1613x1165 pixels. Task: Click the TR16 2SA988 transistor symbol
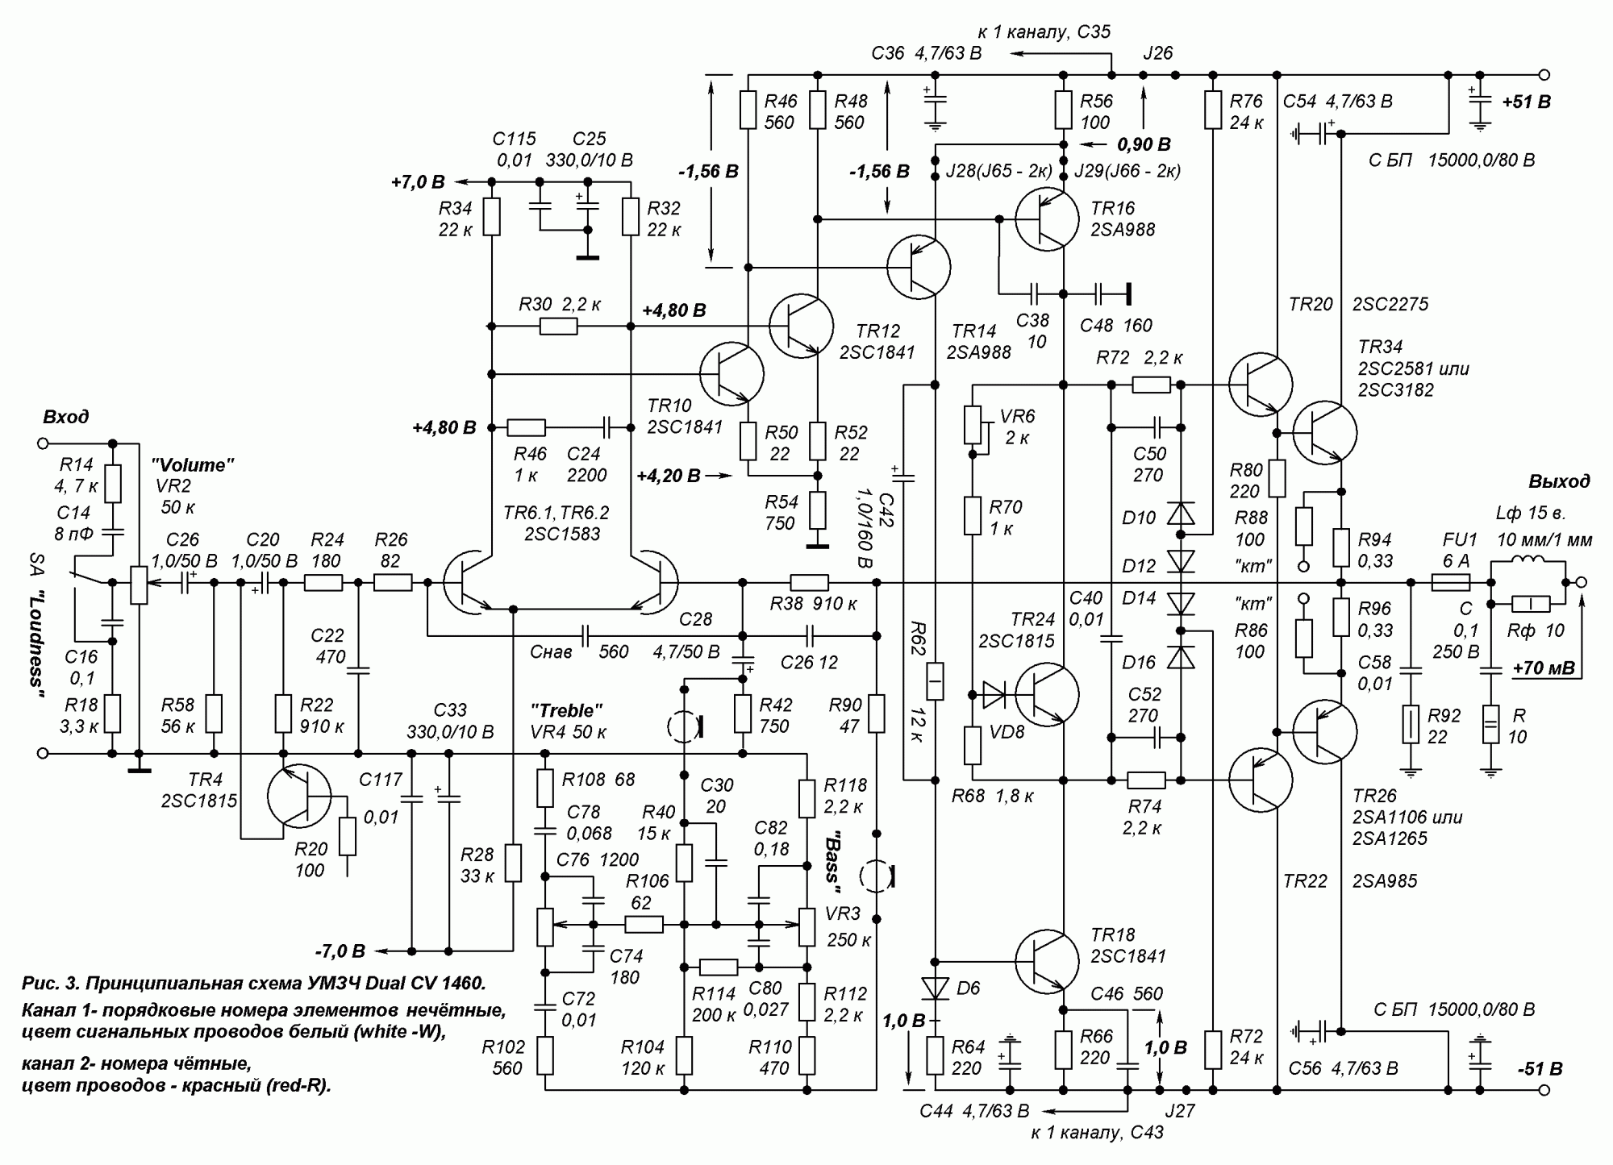pos(1046,218)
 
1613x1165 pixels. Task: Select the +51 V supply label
pos(1526,102)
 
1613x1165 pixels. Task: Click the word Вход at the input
pos(66,417)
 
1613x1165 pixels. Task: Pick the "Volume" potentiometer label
pos(193,464)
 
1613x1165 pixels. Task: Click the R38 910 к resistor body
pos(808,582)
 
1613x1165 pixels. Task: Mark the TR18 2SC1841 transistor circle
pos(1046,961)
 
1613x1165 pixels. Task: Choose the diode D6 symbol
pos(935,988)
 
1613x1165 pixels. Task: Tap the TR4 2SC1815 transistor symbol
pos(298,796)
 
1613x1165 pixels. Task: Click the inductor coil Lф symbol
pos(1519,562)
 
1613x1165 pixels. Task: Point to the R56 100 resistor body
pos(1063,110)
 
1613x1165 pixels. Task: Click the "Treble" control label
pos(566,710)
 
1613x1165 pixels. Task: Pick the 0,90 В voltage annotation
pos(1143,144)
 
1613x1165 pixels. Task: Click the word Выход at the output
pos(1558,481)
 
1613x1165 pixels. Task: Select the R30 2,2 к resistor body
pos(558,326)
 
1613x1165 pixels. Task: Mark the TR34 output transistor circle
pos(1324,432)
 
